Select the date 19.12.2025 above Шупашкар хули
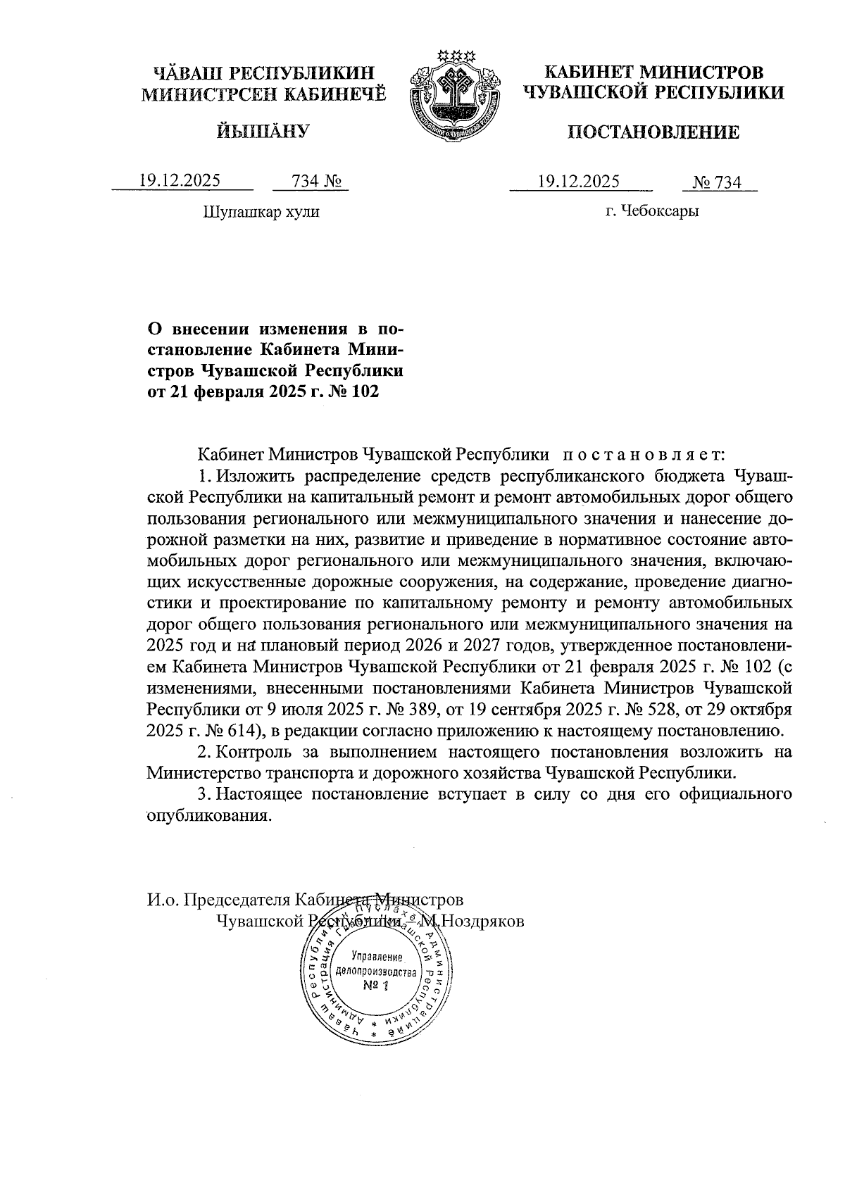pos(180,181)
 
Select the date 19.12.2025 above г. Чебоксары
pos(579,182)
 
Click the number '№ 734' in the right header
pos(718,182)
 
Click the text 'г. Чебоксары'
pos(652,211)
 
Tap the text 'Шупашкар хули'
pos(261,211)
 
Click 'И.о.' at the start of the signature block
pos(163,900)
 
